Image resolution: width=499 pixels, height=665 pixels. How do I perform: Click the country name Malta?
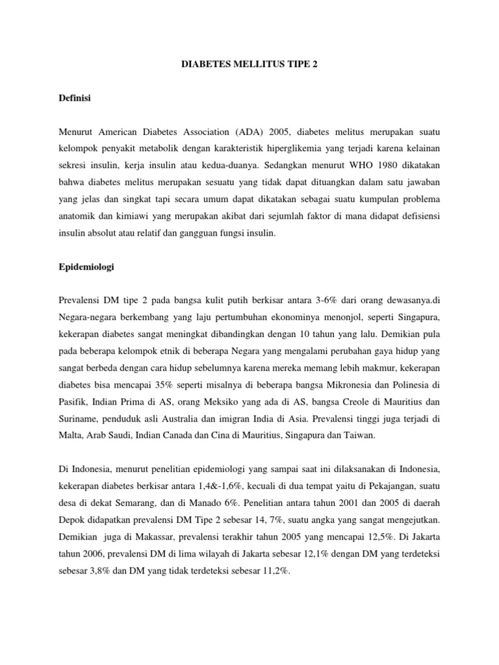coord(70,436)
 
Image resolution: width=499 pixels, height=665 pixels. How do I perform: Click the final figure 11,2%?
coord(275,571)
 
